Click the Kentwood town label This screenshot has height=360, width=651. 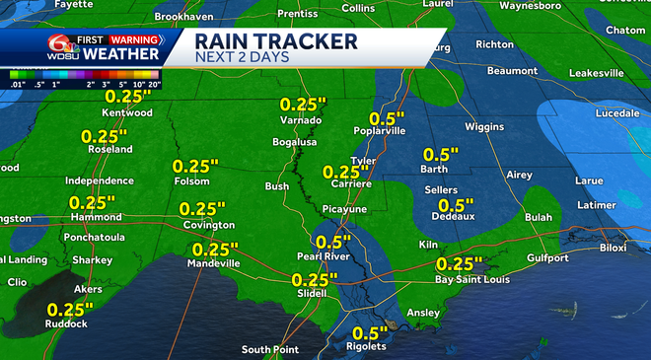tap(130, 114)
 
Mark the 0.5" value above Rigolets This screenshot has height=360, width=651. tap(371, 332)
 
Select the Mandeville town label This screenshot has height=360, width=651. tap(215, 264)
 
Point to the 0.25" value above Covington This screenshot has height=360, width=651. tap(203, 208)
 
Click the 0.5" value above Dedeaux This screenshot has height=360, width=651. tap(456, 204)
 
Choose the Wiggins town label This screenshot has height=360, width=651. tap(484, 127)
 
